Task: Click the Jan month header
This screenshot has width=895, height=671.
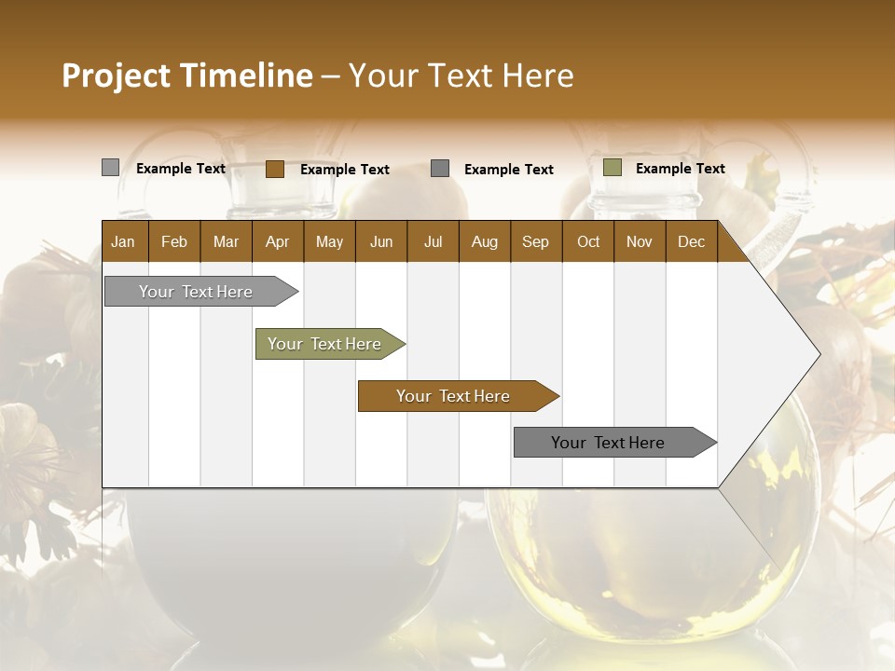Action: [123, 241]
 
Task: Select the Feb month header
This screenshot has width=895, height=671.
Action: [174, 241]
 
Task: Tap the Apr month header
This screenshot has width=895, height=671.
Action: [277, 241]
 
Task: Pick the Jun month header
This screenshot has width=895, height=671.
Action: [381, 241]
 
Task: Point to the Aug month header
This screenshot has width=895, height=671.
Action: [484, 241]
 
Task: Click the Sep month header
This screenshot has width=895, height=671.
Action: [535, 241]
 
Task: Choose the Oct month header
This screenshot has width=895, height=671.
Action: [588, 241]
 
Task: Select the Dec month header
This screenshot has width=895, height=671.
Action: [691, 241]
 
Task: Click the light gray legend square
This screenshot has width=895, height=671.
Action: [110, 168]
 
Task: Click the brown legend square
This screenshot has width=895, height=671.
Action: [274, 169]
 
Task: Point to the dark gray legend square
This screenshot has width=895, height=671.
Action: [440, 169]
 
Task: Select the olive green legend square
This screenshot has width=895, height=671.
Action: [612, 168]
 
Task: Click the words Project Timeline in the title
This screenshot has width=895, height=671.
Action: [186, 75]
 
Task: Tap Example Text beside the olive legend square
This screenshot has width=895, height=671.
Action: [680, 169]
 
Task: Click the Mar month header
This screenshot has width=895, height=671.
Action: [226, 241]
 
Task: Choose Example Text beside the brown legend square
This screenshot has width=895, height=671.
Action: [344, 170]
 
